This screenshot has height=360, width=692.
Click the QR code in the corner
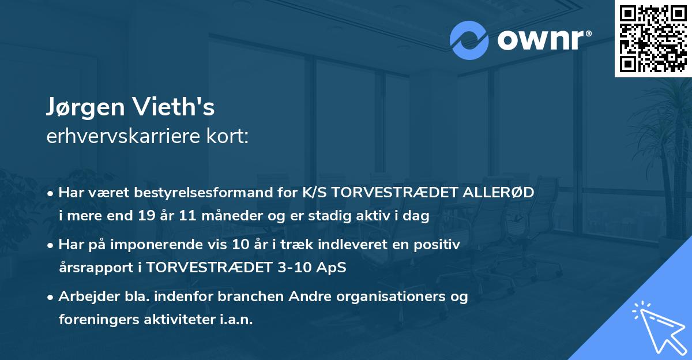click(653, 38)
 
